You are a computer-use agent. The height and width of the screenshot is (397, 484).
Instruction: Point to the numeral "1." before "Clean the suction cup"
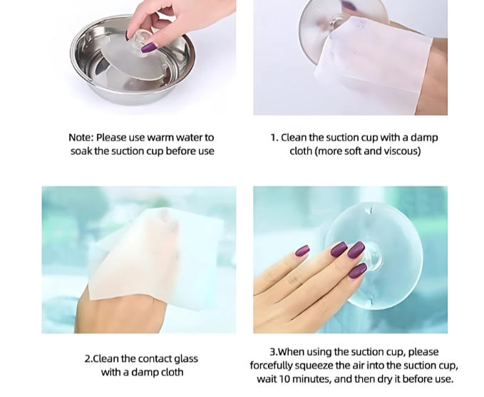point(274,138)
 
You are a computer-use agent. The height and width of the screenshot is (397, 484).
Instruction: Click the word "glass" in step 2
point(186,359)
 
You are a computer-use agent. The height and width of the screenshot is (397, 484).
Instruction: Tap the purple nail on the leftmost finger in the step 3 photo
point(302,250)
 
